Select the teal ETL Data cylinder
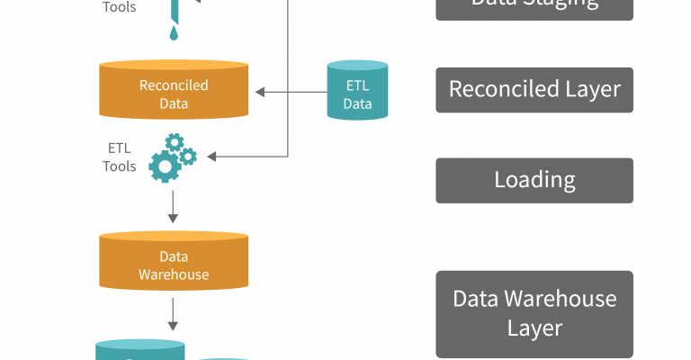pyautogui.click(x=357, y=90)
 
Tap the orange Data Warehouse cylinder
pyautogui.click(x=174, y=263)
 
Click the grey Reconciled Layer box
pyautogui.click(x=534, y=90)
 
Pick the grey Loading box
pyautogui.click(x=534, y=180)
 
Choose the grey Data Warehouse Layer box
pyautogui.click(x=534, y=313)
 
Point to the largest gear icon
pyautogui.click(x=165, y=166)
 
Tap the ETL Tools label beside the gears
pyautogui.click(x=120, y=157)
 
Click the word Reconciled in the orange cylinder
pyautogui.click(x=174, y=85)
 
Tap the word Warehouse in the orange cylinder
pyautogui.click(x=174, y=274)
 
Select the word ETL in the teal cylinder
pyautogui.click(x=357, y=86)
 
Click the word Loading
pyautogui.click(x=534, y=180)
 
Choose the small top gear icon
pyautogui.click(x=175, y=141)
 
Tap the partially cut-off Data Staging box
pyautogui.click(x=534, y=7)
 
